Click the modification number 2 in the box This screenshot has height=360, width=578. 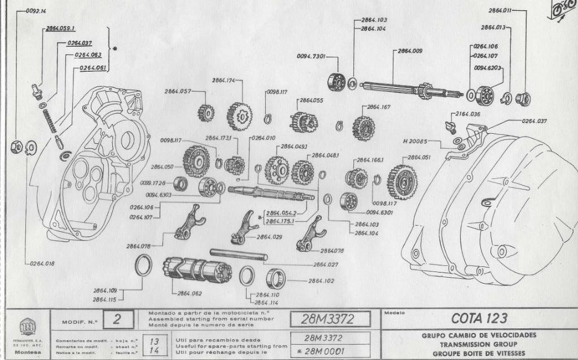[x=116, y=320]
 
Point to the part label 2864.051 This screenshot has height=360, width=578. [x=419, y=157]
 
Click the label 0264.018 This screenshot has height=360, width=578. [x=42, y=263]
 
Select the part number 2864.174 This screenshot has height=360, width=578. [x=224, y=81]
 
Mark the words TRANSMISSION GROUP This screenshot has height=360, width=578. [x=479, y=344]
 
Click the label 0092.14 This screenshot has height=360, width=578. [x=34, y=11]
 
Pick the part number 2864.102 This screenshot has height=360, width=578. [x=322, y=280]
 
